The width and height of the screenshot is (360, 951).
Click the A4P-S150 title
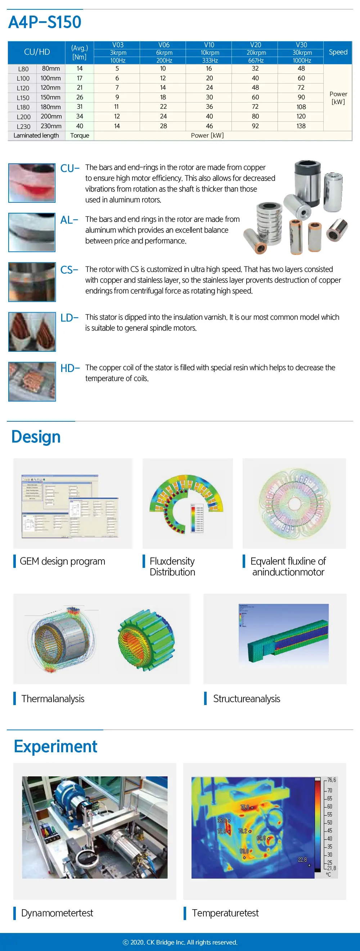pos(45,22)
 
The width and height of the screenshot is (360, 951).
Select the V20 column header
pos(255,45)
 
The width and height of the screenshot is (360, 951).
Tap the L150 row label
pos(23,98)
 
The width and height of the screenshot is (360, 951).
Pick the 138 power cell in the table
pos(301,126)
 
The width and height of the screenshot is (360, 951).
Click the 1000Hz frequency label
pos(302,60)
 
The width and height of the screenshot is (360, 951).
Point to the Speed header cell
pos(338,52)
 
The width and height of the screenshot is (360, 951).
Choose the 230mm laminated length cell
pos(51,126)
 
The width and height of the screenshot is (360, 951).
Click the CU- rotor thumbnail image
pos(32,183)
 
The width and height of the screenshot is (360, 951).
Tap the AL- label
pos(69,220)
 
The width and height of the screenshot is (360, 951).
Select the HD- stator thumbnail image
pos(32,381)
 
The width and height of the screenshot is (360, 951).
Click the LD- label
pos(69,318)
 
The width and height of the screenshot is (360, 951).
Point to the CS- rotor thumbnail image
pos(32,282)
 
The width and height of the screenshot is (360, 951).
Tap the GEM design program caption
pos(62,561)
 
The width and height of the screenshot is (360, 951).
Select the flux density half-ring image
pos(186,503)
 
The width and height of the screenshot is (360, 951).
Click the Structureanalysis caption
pos(246,699)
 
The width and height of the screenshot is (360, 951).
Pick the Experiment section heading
pos(55,746)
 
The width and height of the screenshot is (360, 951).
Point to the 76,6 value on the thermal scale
pos(331,780)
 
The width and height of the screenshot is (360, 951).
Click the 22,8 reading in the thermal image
pos(302,860)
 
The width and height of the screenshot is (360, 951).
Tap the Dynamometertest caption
pos(57,912)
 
